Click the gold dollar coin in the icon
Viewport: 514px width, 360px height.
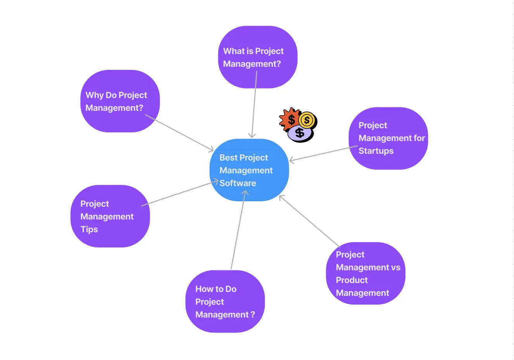[307, 120]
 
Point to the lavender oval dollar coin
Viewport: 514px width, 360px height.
[300, 133]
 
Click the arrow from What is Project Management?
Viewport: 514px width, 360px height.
[254, 105]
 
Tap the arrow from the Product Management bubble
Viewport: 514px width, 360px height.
[309, 221]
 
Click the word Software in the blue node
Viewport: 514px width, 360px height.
[238, 183]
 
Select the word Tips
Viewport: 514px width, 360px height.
[89, 229]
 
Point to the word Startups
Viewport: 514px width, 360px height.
[376, 151]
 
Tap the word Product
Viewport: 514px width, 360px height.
[352, 280]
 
